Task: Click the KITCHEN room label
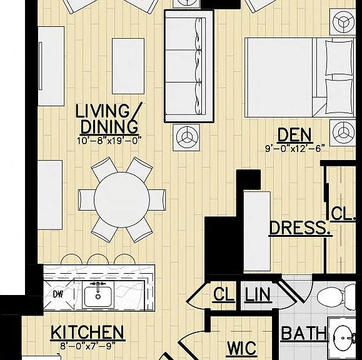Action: click(x=88, y=332)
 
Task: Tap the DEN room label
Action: click(x=295, y=135)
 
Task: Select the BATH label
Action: click(x=304, y=334)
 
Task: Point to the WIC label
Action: click(x=242, y=348)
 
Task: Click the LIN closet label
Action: click(x=258, y=295)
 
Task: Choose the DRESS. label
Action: click(x=299, y=228)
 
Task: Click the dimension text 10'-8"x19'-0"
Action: click(x=109, y=141)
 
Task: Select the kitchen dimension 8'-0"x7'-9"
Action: click(x=88, y=346)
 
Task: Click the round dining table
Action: click(x=122, y=199)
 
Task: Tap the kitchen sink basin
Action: click(x=98, y=296)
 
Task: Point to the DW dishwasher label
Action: click(x=58, y=294)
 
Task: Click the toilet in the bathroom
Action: click(x=336, y=297)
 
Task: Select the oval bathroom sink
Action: click(x=343, y=339)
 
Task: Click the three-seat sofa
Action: click(x=189, y=66)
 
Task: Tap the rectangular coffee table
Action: click(x=128, y=66)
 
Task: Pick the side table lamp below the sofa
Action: click(x=186, y=137)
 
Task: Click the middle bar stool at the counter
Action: click(x=98, y=259)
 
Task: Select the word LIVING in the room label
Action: click(x=103, y=111)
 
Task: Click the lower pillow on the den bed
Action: click(x=339, y=96)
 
